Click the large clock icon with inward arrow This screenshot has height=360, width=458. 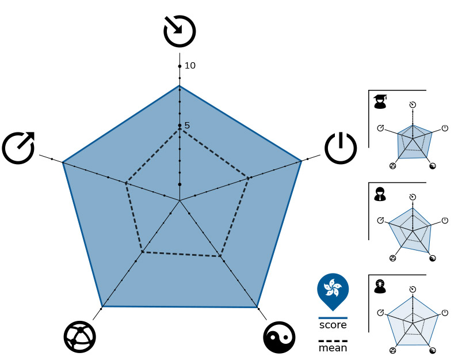(x=180, y=31)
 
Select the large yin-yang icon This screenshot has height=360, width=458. (x=279, y=338)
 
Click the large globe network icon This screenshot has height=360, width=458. (x=80, y=337)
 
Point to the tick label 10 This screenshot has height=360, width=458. (x=190, y=66)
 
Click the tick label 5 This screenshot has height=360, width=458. (x=187, y=126)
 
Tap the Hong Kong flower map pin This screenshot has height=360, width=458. (x=333, y=291)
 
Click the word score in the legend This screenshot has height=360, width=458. (x=333, y=325)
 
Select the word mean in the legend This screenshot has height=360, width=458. (x=333, y=348)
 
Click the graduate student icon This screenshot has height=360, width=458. (x=380, y=102)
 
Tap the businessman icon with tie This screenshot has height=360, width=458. (x=380, y=194)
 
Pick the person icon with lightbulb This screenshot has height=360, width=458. (x=380, y=286)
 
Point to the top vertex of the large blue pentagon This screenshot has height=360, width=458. (x=180, y=85)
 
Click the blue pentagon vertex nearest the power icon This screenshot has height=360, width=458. (x=301, y=161)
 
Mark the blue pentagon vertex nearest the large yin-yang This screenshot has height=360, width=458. (x=257, y=308)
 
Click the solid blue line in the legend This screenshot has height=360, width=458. (x=333, y=317)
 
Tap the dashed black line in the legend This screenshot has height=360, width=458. (x=333, y=341)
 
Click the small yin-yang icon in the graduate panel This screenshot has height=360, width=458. (x=433, y=166)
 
